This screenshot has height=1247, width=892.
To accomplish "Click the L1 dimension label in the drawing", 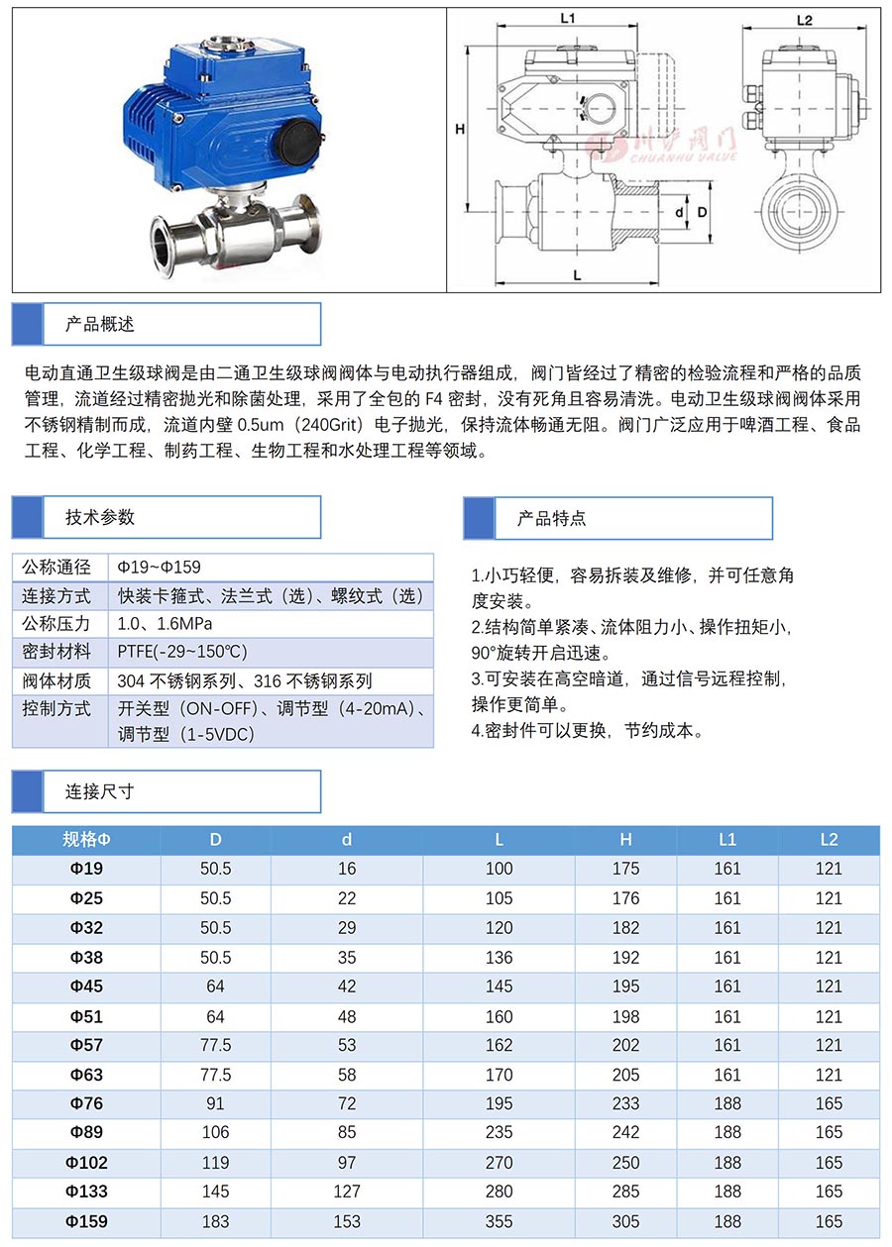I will point(568,18).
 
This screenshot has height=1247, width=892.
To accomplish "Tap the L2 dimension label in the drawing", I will point(805,21).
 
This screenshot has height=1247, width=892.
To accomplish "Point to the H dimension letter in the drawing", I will point(460,130).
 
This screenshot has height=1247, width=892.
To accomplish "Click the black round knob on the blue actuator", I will point(298,143).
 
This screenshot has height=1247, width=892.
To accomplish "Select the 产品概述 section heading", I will point(99,324).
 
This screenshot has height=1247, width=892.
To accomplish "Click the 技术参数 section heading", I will point(99,517).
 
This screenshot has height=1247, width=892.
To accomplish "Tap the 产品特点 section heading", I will point(551,518).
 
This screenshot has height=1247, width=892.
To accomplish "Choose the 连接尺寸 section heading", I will point(99,791).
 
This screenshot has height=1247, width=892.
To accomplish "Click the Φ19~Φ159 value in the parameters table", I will point(159,568).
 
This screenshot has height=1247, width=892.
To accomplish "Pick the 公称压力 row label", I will point(56,624).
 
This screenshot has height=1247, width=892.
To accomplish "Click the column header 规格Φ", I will point(86,840).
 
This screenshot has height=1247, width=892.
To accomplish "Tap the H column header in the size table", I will point(625,840).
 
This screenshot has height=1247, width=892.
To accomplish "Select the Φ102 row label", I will point(86,1163).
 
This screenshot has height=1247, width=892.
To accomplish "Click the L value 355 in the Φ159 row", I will point(499,1221).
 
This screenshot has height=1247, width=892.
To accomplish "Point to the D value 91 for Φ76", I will point(215,1103).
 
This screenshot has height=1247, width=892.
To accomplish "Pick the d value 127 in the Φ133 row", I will point(347,1192).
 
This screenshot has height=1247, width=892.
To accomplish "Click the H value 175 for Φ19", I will point(625,869).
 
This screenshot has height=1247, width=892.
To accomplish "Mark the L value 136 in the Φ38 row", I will point(499,958).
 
